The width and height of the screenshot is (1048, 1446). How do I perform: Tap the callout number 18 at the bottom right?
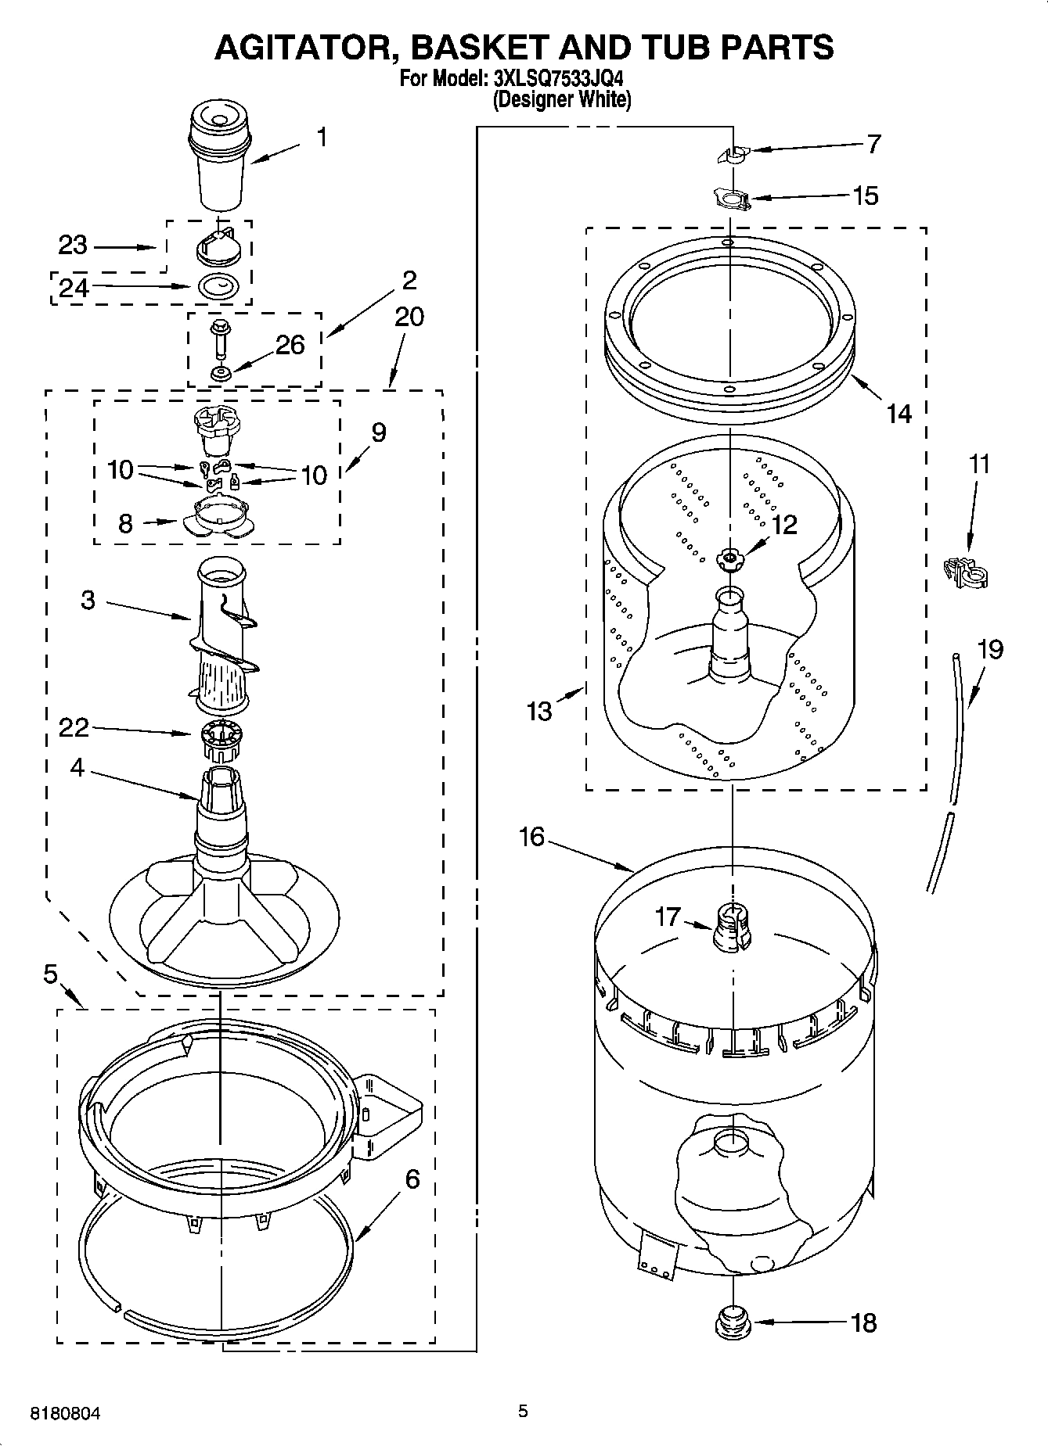click(x=864, y=1323)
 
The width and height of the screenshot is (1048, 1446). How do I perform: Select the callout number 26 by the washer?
click(x=290, y=345)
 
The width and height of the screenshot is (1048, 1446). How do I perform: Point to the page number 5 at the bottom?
click(x=523, y=1411)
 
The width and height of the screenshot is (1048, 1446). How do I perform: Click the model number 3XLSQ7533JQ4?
click(x=559, y=78)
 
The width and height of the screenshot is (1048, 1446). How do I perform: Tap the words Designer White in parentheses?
click(x=561, y=99)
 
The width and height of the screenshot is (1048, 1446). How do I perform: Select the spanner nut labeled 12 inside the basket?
click(x=729, y=557)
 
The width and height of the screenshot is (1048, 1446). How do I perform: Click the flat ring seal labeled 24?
click(x=220, y=287)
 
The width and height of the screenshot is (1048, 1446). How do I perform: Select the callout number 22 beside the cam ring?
click(x=74, y=727)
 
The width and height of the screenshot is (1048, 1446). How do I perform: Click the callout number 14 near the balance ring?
click(x=899, y=413)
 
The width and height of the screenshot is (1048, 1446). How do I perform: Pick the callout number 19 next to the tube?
click(x=990, y=649)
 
